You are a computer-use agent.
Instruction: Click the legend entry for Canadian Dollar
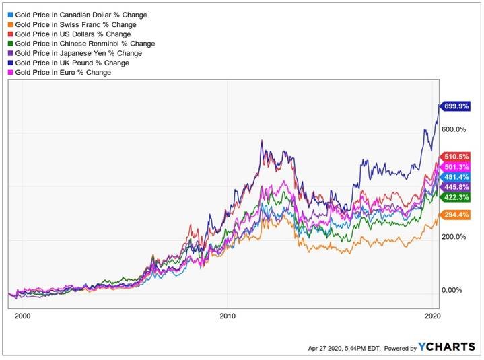81,15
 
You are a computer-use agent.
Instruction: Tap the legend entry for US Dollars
73,34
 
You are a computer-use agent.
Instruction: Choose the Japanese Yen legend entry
78,53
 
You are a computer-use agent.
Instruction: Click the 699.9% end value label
456,106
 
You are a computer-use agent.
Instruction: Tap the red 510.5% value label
456,157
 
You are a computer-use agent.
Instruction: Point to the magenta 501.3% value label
456,167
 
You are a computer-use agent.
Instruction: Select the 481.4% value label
456,177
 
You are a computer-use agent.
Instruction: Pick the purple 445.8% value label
456,187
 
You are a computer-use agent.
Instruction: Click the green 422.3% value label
456,197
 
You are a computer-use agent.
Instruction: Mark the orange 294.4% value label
456,215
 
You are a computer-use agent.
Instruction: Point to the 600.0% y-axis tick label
454,130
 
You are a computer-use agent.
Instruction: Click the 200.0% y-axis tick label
454,237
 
